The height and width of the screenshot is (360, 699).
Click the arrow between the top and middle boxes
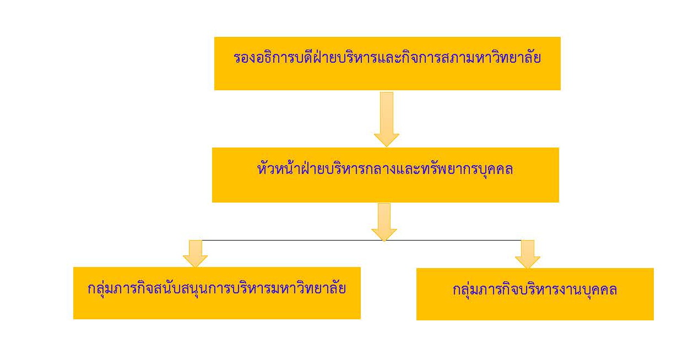point(386,118)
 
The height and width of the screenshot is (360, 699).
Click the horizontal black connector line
point(286,241)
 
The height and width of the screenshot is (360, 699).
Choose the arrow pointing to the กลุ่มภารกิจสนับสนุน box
point(195,253)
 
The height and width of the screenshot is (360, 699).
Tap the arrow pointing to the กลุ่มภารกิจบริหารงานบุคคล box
point(528,254)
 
